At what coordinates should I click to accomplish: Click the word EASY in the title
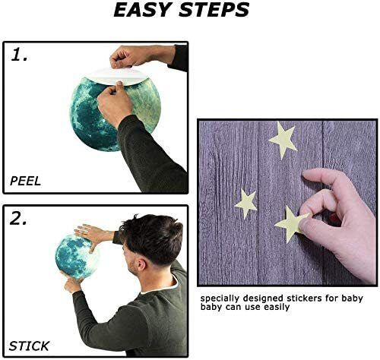pyautogui.click(x=142, y=10)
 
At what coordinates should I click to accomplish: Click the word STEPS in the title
pyautogui.click(x=214, y=10)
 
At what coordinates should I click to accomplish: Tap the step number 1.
pyautogui.click(x=19, y=55)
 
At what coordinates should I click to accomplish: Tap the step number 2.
pyautogui.click(x=18, y=218)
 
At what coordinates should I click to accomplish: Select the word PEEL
pyautogui.click(x=25, y=181)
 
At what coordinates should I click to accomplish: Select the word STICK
pyautogui.click(x=29, y=346)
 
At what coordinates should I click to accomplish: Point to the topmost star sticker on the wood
pyautogui.click(x=283, y=140)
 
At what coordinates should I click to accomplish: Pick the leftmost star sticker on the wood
pyautogui.click(x=246, y=204)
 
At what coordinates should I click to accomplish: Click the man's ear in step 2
pyautogui.click(x=141, y=264)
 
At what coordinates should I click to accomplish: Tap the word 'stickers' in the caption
pyautogui.click(x=305, y=298)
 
